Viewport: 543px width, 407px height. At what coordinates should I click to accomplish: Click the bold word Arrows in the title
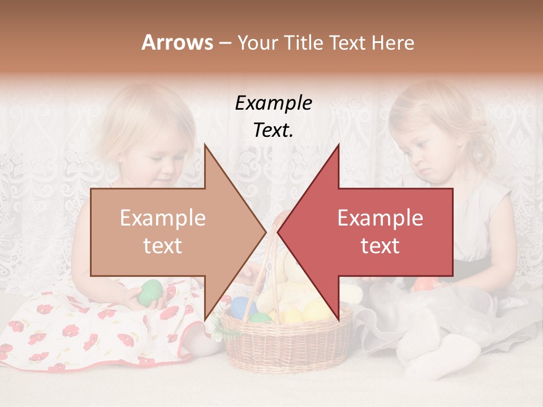tap(177, 42)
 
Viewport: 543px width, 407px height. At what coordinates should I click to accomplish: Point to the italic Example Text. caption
tap(273, 116)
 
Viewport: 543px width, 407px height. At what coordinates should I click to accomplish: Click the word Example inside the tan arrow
tap(162, 218)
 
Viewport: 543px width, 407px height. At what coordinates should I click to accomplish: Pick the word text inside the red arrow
tap(380, 246)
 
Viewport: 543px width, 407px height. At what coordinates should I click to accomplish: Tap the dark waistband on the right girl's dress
tap(475, 269)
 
